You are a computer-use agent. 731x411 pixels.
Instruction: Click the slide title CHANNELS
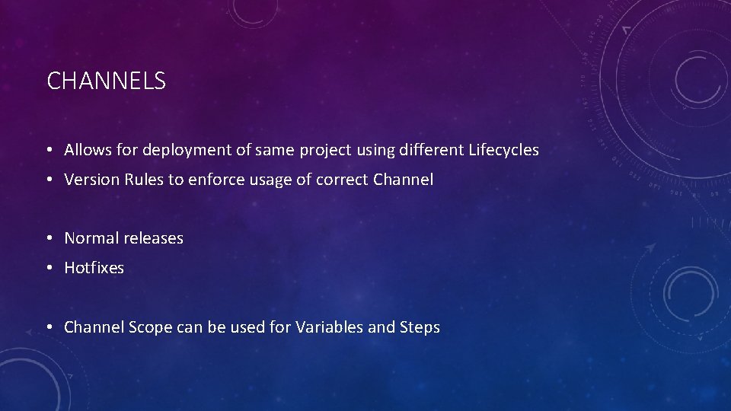(106, 81)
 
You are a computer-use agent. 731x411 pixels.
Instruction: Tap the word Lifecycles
(503, 151)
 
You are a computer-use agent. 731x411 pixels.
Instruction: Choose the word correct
(343, 180)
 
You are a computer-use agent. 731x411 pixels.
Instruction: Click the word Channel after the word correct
(404, 180)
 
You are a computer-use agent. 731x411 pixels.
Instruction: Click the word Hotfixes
(94, 268)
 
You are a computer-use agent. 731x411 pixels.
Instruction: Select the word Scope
(151, 327)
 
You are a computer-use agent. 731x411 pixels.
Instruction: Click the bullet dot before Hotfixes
(48, 269)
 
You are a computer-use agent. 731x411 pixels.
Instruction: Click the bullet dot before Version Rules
(48, 180)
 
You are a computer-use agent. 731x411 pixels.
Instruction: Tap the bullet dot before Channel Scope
(48, 328)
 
